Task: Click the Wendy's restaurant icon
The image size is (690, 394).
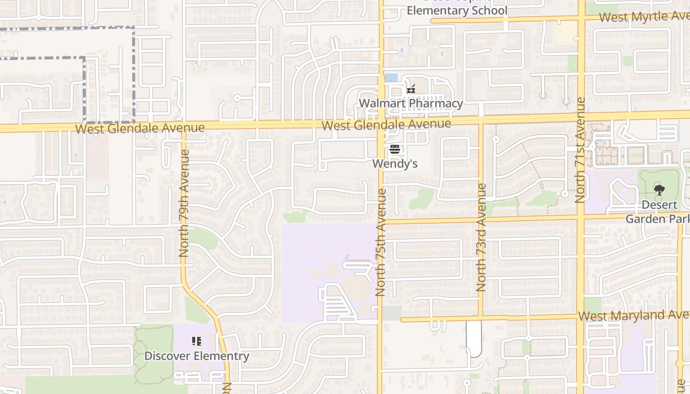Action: pyautogui.click(x=394, y=149)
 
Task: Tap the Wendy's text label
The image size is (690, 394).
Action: pyautogui.click(x=395, y=164)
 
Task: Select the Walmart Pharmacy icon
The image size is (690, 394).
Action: pyautogui.click(x=411, y=90)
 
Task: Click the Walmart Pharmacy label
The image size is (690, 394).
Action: pyautogui.click(x=411, y=103)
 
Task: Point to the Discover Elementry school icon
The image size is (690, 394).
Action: pyautogui.click(x=197, y=341)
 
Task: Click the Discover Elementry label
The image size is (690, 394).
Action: pyautogui.click(x=197, y=356)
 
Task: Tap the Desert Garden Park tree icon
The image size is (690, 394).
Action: pyautogui.click(x=659, y=190)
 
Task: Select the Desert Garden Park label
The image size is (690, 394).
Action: pyautogui.click(x=658, y=211)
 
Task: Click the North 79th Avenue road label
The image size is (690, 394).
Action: pyautogui.click(x=184, y=203)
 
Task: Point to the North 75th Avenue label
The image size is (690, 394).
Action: pyautogui.click(x=380, y=242)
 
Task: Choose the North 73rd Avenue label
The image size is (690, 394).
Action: pyautogui.click(x=482, y=237)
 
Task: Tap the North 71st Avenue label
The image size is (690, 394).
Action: pyautogui.click(x=580, y=150)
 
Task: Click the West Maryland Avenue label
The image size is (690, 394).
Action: pyautogui.click(x=634, y=315)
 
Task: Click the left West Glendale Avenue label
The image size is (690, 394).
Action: pyautogui.click(x=140, y=128)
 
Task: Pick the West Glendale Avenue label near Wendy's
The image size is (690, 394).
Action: pyautogui.click(x=386, y=124)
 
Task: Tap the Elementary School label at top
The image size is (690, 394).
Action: pyautogui.click(x=456, y=10)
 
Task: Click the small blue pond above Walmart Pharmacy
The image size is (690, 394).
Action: pyautogui.click(x=391, y=77)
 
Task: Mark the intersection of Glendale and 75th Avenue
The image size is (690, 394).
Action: pyautogui.click(x=381, y=124)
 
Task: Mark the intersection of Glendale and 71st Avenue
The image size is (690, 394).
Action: pyautogui.click(x=581, y=118)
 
